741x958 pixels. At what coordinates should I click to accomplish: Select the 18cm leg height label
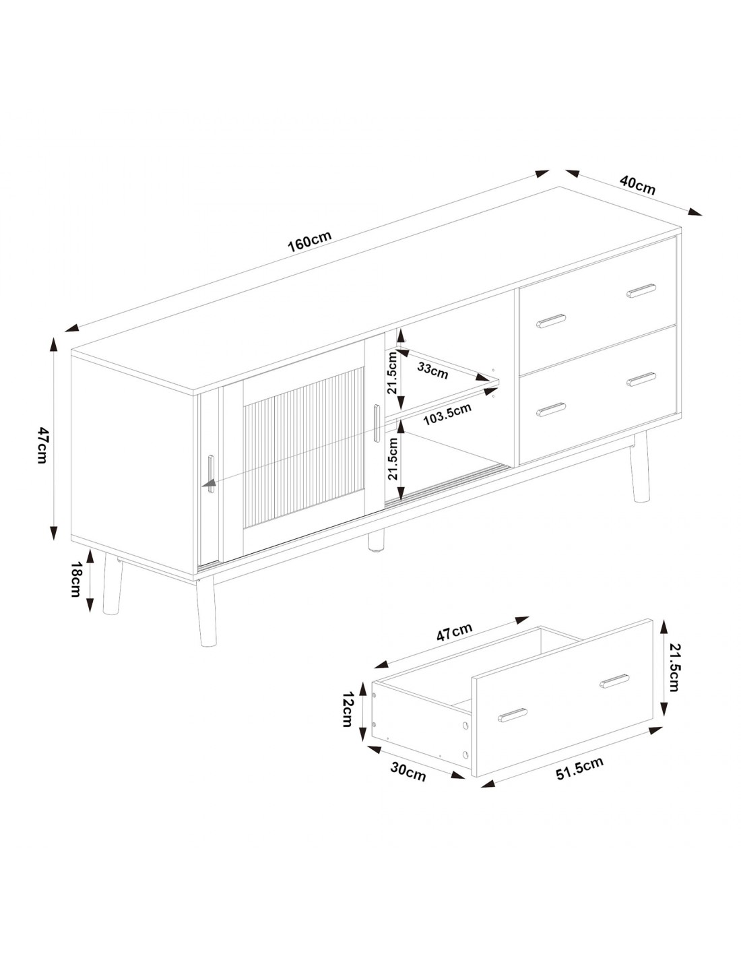coord(77,579)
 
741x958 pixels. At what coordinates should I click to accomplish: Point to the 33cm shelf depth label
coord(432,371)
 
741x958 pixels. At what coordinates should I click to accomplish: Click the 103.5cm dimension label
coord(447,414)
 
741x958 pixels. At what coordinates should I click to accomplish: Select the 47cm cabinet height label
coord(42,445)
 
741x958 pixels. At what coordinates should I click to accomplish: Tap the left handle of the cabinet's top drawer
coord(551,321)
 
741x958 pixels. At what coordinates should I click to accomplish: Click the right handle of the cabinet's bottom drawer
coord(641,379)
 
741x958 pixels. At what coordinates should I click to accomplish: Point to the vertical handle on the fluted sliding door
coord(376,423)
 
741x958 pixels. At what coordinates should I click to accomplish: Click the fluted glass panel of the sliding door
coord(304,447)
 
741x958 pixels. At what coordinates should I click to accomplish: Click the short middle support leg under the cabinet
coord(376,541)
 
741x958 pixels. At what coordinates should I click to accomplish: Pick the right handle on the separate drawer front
coord(614,681)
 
